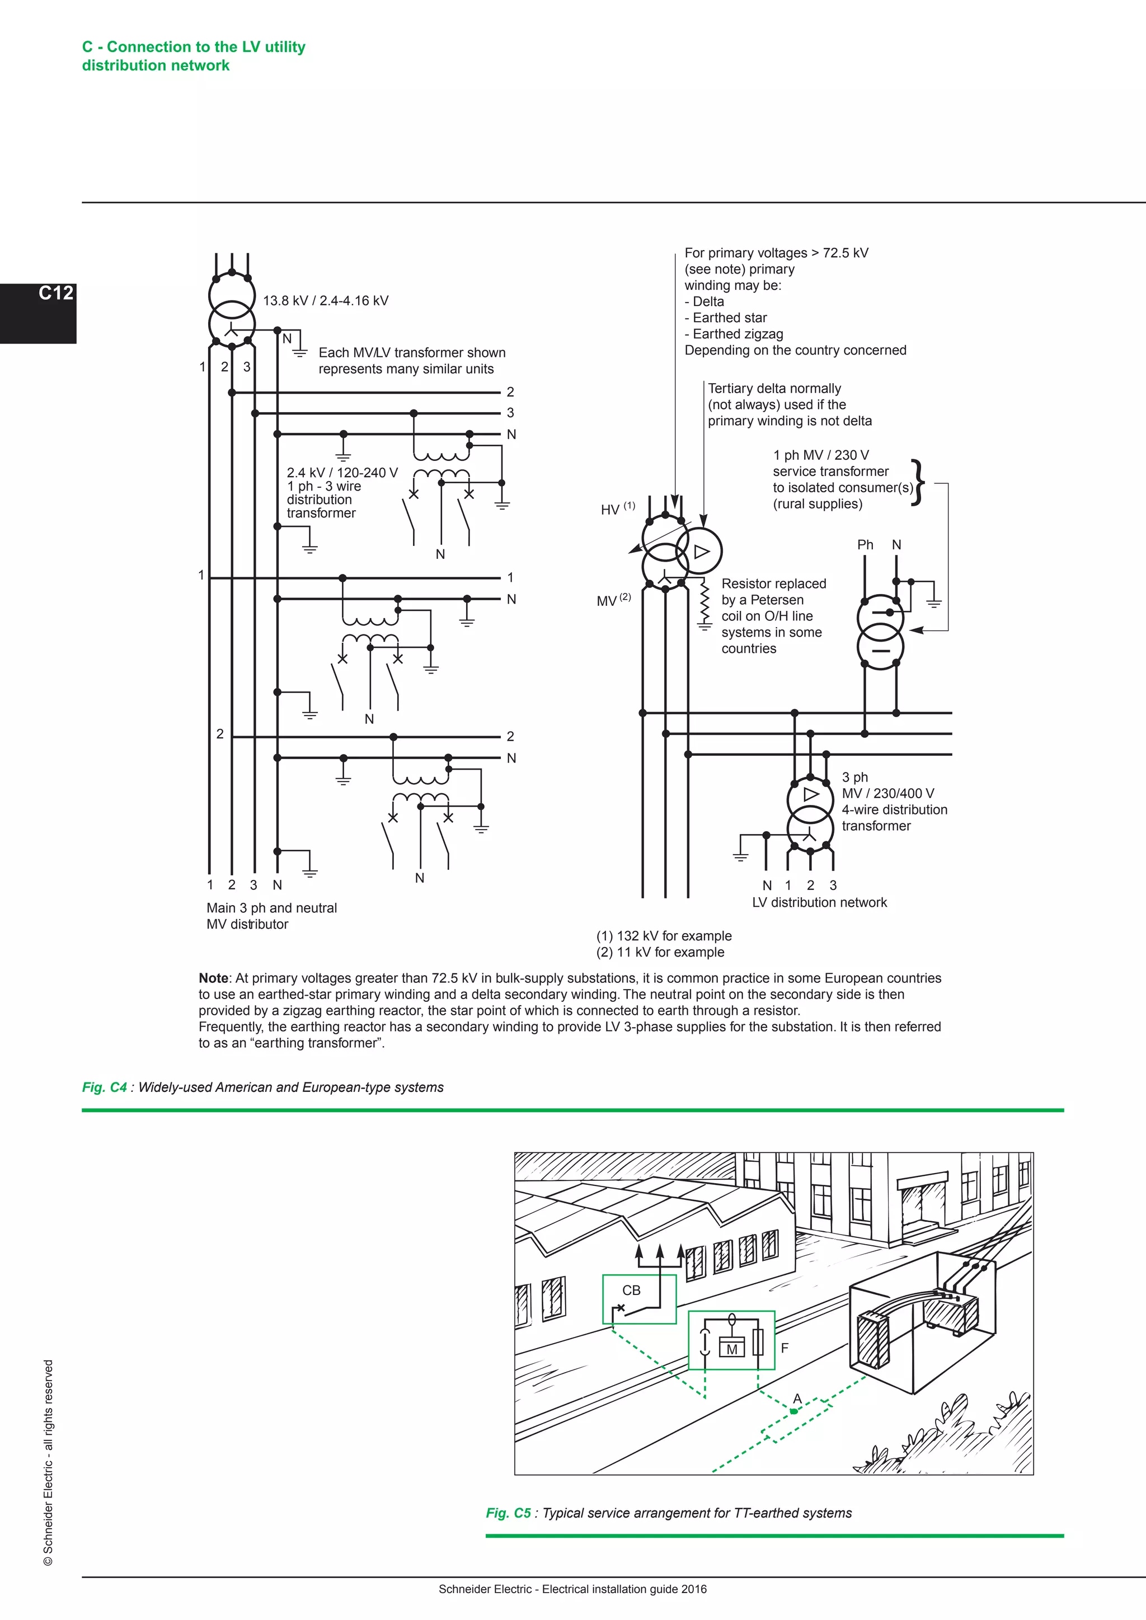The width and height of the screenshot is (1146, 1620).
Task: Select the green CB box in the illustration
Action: (638, 1299)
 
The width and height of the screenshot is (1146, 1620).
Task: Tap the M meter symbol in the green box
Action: (732, 1349)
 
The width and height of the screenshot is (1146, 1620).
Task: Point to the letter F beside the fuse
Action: (784, 1347)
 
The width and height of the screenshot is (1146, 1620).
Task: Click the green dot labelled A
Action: (794, 1411)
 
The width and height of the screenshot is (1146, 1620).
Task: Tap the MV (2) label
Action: (613, 600)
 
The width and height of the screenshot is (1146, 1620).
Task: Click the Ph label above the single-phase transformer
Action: (865, 545)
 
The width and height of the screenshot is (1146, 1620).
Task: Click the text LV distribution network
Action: (819, 902)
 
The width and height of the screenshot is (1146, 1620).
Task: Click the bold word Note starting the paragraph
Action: (213, 978)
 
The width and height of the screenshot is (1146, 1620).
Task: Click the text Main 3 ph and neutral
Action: (272, 908)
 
